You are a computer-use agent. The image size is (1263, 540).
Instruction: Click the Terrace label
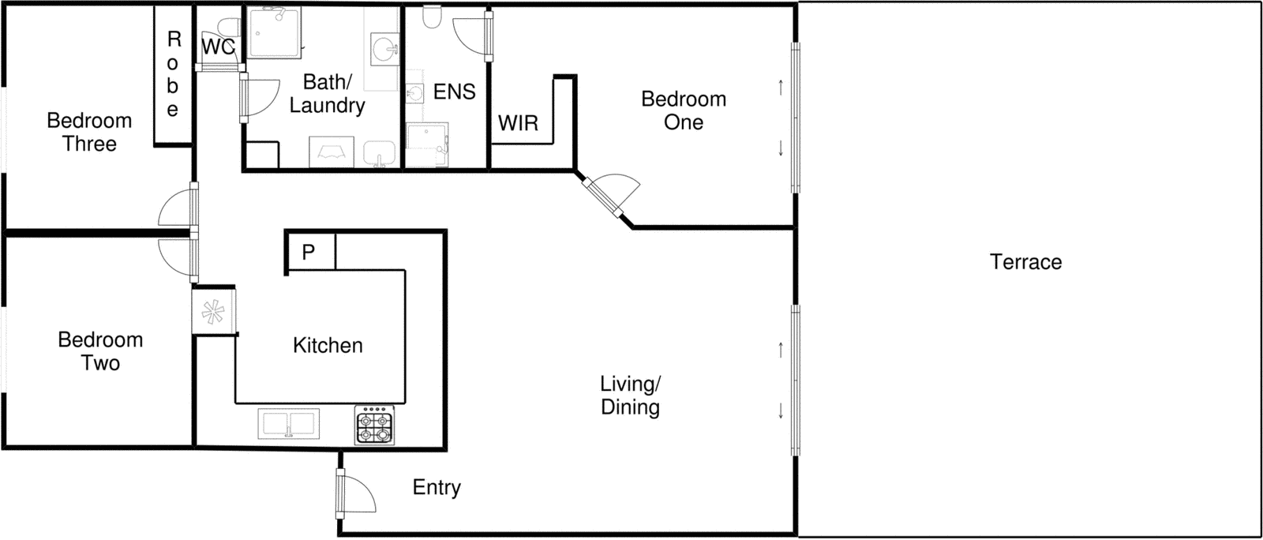pos(1025,262)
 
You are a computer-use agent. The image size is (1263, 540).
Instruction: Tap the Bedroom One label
pos(684,111)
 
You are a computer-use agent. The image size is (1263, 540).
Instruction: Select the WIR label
pos(518,123)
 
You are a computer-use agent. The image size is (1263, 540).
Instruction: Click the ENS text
pos(454,92)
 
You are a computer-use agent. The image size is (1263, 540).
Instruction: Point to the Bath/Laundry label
pos(327,94)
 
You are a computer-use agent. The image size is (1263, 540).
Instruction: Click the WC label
pos(217,47)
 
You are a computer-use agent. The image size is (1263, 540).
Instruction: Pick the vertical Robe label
pos(173,74)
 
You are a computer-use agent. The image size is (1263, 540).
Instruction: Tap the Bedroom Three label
pos(89,133)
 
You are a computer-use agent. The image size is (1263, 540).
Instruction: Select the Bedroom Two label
pos(100,351)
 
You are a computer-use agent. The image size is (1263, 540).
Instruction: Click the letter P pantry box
pos(309,252)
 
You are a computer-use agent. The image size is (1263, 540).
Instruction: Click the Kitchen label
pos(328,346)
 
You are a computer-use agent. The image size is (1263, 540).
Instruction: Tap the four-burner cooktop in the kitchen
pos(374,426)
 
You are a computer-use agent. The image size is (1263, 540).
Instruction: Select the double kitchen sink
pos(288,424)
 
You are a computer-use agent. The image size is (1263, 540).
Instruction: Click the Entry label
pos(437,488)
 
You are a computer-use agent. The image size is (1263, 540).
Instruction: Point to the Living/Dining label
pos(630,396)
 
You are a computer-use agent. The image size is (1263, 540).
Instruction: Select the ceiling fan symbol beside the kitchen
pos(213,313)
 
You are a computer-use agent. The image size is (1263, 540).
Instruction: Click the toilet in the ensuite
pos(432,17)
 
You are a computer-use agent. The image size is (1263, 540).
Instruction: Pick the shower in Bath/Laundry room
pos(275,32)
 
